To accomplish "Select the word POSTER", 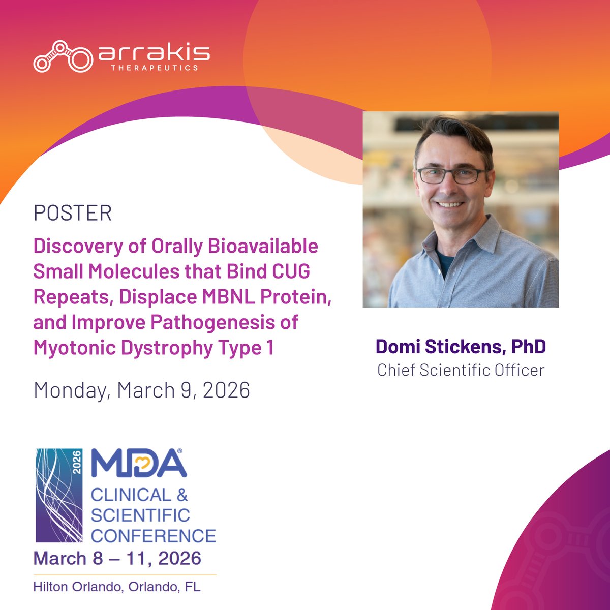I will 72,213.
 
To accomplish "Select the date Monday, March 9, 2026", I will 141,390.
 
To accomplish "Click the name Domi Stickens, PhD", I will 461,347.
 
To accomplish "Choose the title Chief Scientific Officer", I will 461,370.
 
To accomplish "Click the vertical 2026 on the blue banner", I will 77,463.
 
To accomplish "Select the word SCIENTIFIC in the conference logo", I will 140,515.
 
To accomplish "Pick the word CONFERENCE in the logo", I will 153,535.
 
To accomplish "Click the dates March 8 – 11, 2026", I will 117,558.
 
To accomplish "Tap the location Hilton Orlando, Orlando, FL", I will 117,587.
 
